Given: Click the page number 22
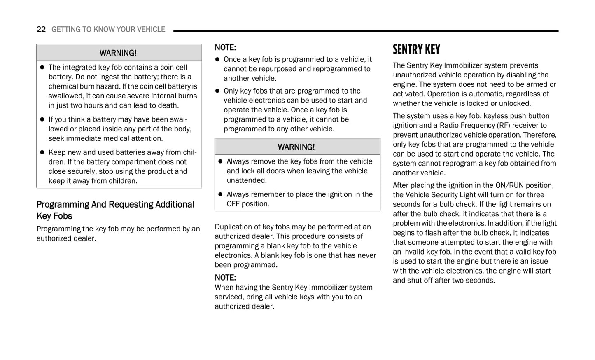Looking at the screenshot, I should pyautogui.click(x=41, y=29).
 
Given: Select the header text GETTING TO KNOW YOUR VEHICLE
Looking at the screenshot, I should pyautogui.click(x=108, y=29).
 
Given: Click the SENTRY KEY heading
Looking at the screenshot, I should pyautogui.click(x=416, y=49).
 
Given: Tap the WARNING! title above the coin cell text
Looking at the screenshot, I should pyautogui.click(x=118, y=53).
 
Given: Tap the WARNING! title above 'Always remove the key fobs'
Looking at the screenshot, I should pyautogui.click(x=296, y=147).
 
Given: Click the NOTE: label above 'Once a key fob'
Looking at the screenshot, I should pyautogui.click(x=225, y=47).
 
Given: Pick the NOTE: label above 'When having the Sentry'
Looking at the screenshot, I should pyautogui.click(x=225, y=277).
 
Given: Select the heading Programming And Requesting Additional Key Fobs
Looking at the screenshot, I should pyautogui.click(x=115, y=210).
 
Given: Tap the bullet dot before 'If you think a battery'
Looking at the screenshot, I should pyautogui.click(x=42, y=119).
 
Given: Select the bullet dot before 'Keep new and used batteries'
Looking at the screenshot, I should pyautogui.click(x=42, y=152).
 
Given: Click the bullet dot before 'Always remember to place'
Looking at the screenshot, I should pyautogui.click(x=220, y=194).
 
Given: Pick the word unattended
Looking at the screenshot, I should pyautogui.click(x=246, y=180).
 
